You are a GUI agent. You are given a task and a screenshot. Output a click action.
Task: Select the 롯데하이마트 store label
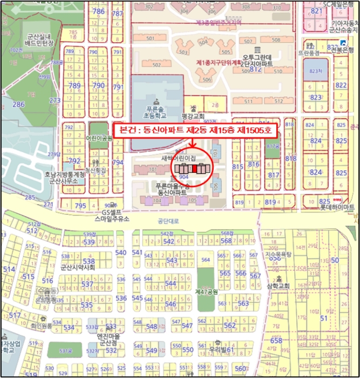tap(337, 207)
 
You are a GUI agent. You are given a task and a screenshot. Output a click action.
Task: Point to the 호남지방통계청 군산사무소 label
tap(64, 178)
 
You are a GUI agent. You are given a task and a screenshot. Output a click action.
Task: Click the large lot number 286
tap(19, 104)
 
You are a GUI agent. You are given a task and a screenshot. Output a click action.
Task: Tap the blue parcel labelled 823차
tap(315, 72)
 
